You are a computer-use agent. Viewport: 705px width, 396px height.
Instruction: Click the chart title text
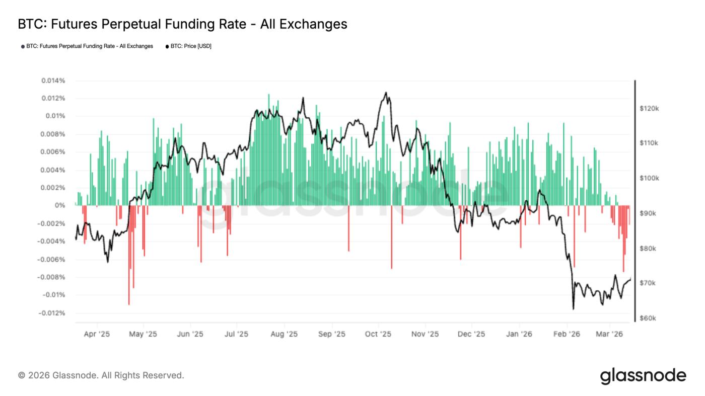[x=182, y=24]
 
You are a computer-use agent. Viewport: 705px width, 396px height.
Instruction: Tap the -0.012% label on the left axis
[x=51, y=313]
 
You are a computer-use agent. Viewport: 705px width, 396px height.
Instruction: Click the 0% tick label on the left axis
[x=60, y=206]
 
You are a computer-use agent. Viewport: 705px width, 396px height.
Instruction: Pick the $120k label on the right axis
[x=650, y=108]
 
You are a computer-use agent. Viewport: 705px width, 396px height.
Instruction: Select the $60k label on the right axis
[x=649, y=319]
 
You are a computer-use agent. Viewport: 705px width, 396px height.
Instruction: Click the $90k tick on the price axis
[x=649, y=213]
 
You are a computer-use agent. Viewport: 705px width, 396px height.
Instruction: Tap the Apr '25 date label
[x=97, y=334]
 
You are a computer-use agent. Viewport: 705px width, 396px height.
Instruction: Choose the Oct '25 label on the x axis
[x=378, y=334]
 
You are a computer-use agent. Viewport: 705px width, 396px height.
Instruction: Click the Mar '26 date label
[x=610, y=334]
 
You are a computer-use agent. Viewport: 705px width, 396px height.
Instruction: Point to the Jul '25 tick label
[x=236, y=334]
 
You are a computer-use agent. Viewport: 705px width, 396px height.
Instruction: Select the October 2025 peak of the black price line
[x=386, y=93]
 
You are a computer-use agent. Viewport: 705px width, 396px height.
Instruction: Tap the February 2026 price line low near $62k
[x=573, y=308]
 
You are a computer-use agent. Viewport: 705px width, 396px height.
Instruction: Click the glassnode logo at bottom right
[x=643, y=375]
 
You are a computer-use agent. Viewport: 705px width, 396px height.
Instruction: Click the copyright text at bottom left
[x=101, y=375]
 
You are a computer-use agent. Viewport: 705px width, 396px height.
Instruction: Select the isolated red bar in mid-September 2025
[x=348, y=229]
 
